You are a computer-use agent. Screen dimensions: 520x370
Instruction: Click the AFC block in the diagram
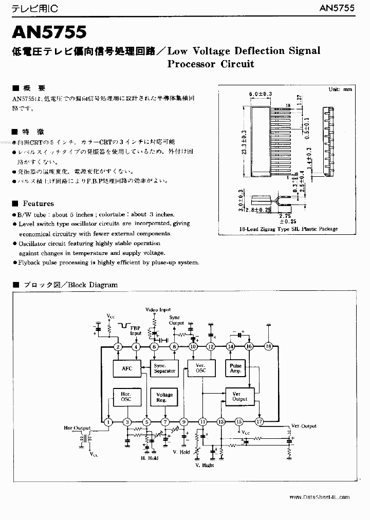pyautogui.click(x=126, y=368)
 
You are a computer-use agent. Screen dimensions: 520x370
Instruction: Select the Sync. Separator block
pyautogui.click(x=164, y=368)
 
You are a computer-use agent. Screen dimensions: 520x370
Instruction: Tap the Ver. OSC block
pyautogui.click(x=197, y=368)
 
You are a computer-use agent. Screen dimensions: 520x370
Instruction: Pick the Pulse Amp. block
pyautogui.click(x=235, y=368)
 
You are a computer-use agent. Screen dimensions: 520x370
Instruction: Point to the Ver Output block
pyautogui.click(x=239, y=396)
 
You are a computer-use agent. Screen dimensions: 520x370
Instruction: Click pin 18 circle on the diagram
pyautogui.click(x=268, y=347)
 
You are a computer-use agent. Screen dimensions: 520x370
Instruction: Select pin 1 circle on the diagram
pyautogui.click(x=108, y=422)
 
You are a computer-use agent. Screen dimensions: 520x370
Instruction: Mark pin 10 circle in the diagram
pyautogui.click(x=193, y=347)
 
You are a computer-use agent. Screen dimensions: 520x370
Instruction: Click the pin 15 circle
pyautogui.click(x=239, y=422)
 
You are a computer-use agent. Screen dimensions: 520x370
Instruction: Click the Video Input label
pyautogui.click(x=158, y=310)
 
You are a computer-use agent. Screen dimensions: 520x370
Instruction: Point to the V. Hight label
pyautogui.click(x=205, y=465)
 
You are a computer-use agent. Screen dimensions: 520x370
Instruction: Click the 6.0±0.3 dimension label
pyautogui.click(x=260, y=94)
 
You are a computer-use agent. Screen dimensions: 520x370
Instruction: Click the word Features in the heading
pyautogui.click(x=38, y=203)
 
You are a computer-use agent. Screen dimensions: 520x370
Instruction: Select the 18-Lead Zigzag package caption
pyautogui.click(x=288, y=229)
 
